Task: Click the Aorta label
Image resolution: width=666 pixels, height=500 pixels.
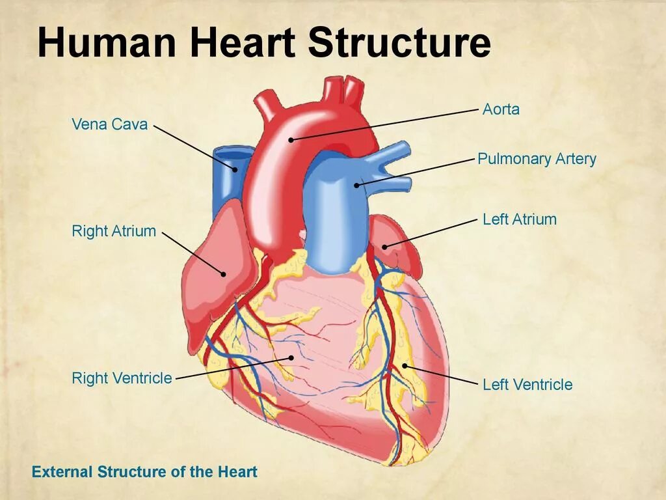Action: (x=501, y=109)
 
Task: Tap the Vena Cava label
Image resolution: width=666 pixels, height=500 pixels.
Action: (x=109, y=124)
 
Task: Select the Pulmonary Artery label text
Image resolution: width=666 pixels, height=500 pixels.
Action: (x=537, y=159)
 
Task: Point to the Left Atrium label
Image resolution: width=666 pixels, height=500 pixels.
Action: (x=519, y=219)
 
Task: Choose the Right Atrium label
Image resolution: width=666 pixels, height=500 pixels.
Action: (x=114, y=231)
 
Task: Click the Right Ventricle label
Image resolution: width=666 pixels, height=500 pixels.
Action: (x=122, y=378)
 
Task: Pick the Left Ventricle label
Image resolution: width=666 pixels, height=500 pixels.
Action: (x=527, y=384)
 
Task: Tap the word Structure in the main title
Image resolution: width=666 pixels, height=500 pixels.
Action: (x=399, y=43)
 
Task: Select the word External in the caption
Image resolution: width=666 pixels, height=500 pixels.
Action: (x=62, y=472)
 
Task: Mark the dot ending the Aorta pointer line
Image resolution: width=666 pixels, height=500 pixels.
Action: (x=291, y=139)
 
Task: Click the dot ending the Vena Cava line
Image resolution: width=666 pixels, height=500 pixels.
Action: (x=235, y=170)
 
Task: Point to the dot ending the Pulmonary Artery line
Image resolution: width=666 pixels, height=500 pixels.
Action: (x=356, y=186)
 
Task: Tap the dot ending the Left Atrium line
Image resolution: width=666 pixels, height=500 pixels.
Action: (x=384, y=246)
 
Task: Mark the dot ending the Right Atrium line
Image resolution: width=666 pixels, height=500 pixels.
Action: (x=223, y=274)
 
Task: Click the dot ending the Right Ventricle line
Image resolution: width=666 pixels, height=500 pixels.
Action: (x=291, y=357)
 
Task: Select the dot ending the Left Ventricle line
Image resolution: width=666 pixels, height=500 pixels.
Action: (x=405, y=366)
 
